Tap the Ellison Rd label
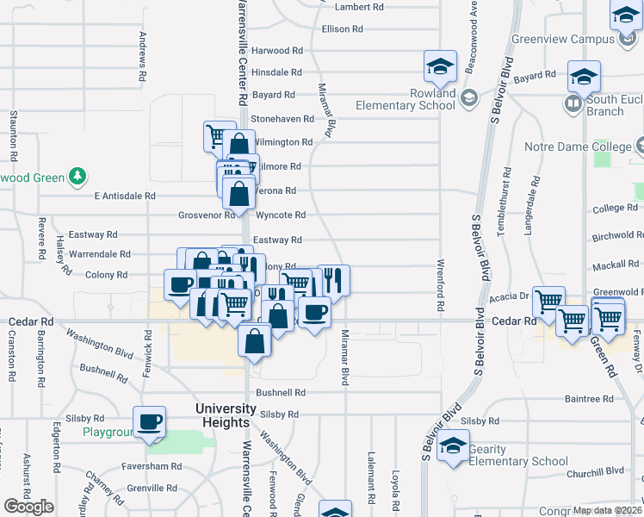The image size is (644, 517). (342, 29)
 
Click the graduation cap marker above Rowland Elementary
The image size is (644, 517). (439, 65)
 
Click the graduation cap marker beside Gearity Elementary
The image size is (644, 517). (450, 445)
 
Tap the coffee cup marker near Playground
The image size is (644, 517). (149, 421)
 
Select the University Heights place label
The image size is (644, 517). (226, 415)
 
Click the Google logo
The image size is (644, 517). (28, 507)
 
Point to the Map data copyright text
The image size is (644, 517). (608, 510)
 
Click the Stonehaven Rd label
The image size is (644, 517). (282, 118)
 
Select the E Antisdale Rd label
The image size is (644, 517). (122, 196)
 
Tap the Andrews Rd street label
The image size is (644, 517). (142, 58)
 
